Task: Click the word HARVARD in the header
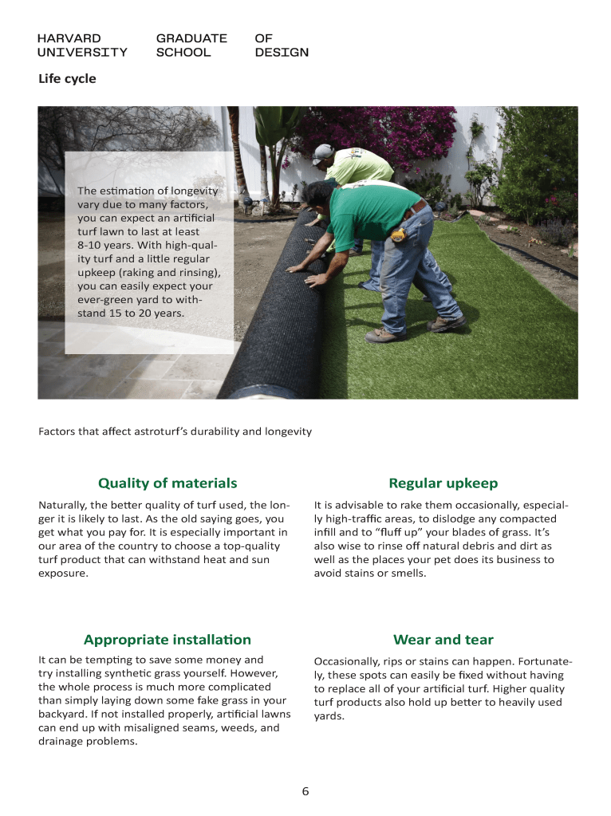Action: click(x=69, y=38)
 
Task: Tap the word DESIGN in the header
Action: click(x=282, y=53)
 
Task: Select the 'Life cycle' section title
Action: click(x=67, y=79)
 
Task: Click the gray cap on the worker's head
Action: click(x=322, y=152)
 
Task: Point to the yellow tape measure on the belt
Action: click(x=399, y=235)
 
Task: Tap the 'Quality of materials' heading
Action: click(x=168, y=483)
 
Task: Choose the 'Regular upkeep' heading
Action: click(x=443, y=483)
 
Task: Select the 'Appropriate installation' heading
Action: click(x=168, y=639)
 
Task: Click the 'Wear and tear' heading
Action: click(x=443, y=639)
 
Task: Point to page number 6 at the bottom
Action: click(x=305, y=791)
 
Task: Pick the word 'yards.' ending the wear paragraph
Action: click(x=329, y=715)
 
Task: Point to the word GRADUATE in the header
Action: click(x=191, y=38)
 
